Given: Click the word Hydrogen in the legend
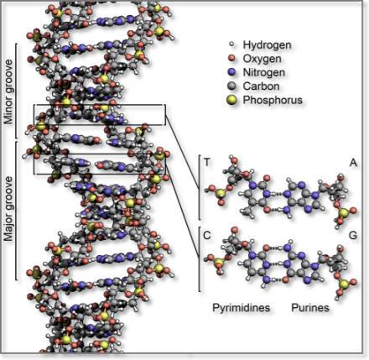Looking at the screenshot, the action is click(x=267, y=44).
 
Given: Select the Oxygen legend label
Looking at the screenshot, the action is click(x=262, y=59).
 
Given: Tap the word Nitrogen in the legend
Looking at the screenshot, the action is click(x=264, y=72).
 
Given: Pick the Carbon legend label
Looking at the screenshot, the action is click(x=261, y=86).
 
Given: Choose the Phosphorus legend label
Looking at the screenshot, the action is click(x=273, y=100).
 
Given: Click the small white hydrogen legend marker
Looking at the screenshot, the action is click(x=231, y=44).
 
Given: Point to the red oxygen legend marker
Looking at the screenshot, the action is click(x=231, y=58).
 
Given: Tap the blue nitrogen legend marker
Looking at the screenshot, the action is click(x=231, y=72).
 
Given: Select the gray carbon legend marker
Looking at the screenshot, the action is click(x=231, y=86).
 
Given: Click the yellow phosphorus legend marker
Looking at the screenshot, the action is click(x=231, y=100).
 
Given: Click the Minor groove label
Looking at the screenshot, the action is click(x=8, y=91).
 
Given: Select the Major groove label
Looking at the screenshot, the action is click(x=8, y=208).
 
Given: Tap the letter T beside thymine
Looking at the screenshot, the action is click(x=207, y=162).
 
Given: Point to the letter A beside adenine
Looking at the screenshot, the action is click(x=354, y=162).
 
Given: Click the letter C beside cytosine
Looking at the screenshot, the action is click(x=207, y=236).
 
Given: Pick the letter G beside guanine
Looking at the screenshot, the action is click(x=353, y=236).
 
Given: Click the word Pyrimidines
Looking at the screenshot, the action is click(x=242, y=308).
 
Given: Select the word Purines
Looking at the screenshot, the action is click(x=310, y=308).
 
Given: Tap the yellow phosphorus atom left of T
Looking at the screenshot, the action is click(x=221, y=193).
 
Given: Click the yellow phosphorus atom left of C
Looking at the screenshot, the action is click(x=219, y=263).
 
